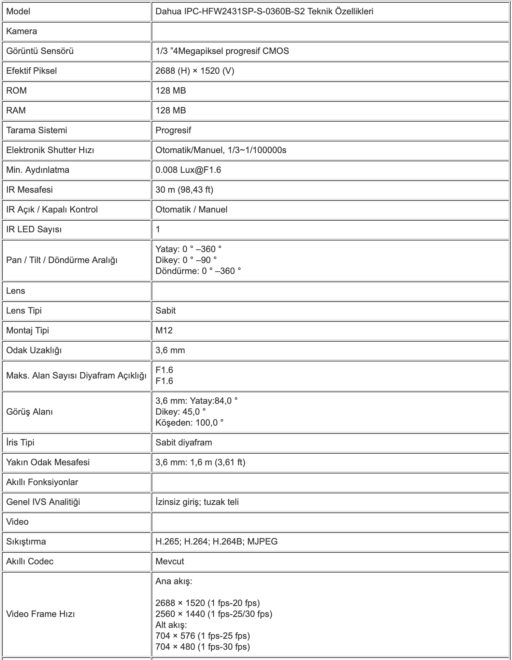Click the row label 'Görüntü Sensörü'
click(x=40, y=51)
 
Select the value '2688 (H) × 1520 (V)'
click(x=195, y=71)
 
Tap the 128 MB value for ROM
click(x=171, y=91)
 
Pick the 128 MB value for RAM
click(x=171, y=111)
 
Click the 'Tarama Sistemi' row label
click(x=37, y=130)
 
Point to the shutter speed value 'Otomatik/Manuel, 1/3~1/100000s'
click(x=221, y=150)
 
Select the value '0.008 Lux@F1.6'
click(x=188, y=170)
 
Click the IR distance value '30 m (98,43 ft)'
click(x=184, y=190)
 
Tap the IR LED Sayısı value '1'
click(x=158, y=230)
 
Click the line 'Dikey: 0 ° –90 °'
click(x=186, y=260)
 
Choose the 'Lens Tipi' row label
click(x=24, y=311)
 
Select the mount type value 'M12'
click(x=164, y=331)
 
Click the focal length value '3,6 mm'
click(x=170, y=350)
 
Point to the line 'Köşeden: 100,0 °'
click(x=189, y=423)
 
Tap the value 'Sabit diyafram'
click(x=184, y=443)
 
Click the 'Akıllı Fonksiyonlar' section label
click(x=42, y=482)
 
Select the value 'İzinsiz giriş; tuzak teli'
click(x=197, y=502)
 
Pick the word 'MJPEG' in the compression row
click(x=262, y=542)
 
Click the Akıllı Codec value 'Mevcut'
click(x=170, y=562)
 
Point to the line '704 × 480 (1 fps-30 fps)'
click(x=202, y=647)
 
